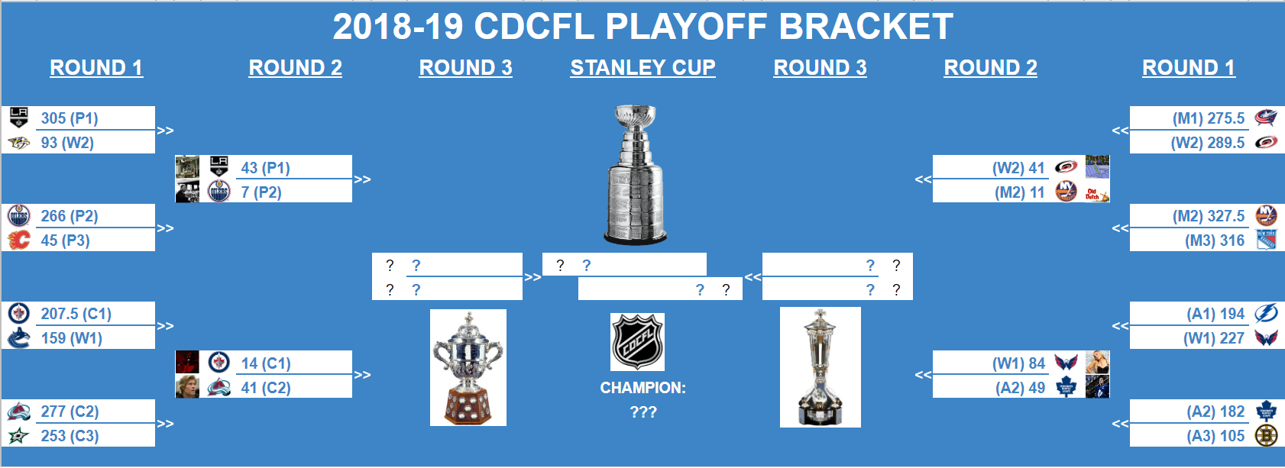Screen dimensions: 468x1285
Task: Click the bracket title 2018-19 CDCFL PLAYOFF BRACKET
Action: point(642,27)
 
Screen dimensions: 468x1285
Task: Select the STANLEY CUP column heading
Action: point(642,68)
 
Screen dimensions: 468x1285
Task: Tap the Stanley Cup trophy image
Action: point(636,176)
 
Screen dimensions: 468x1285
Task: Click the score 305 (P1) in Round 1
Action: point(70,118)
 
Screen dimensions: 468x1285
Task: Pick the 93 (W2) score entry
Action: point(67,143)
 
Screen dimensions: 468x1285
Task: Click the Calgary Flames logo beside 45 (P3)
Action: point(18,240)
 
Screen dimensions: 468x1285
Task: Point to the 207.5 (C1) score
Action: point(76,314)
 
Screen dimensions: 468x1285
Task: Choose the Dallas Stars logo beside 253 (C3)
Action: point(18,436)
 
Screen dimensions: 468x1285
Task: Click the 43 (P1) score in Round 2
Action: point(265,168)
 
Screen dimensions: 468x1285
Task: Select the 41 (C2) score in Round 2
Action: point(265,388)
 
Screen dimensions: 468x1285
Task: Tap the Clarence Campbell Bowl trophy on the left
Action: point(468,367)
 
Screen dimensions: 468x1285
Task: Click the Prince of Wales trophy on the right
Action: point(820,367)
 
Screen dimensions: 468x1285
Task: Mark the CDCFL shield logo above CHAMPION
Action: point(637,342)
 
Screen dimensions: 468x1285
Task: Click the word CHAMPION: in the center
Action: point(642,388)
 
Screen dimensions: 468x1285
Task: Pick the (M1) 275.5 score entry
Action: point(1208,118)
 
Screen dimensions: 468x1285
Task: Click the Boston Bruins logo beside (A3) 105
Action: point(1266,436)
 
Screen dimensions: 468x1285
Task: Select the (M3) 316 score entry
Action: point(1215,240)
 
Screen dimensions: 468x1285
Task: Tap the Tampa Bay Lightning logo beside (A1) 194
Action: point(1266,314)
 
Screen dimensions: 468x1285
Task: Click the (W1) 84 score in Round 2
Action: point(1018,363)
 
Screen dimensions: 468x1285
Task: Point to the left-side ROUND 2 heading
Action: point(295,68)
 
